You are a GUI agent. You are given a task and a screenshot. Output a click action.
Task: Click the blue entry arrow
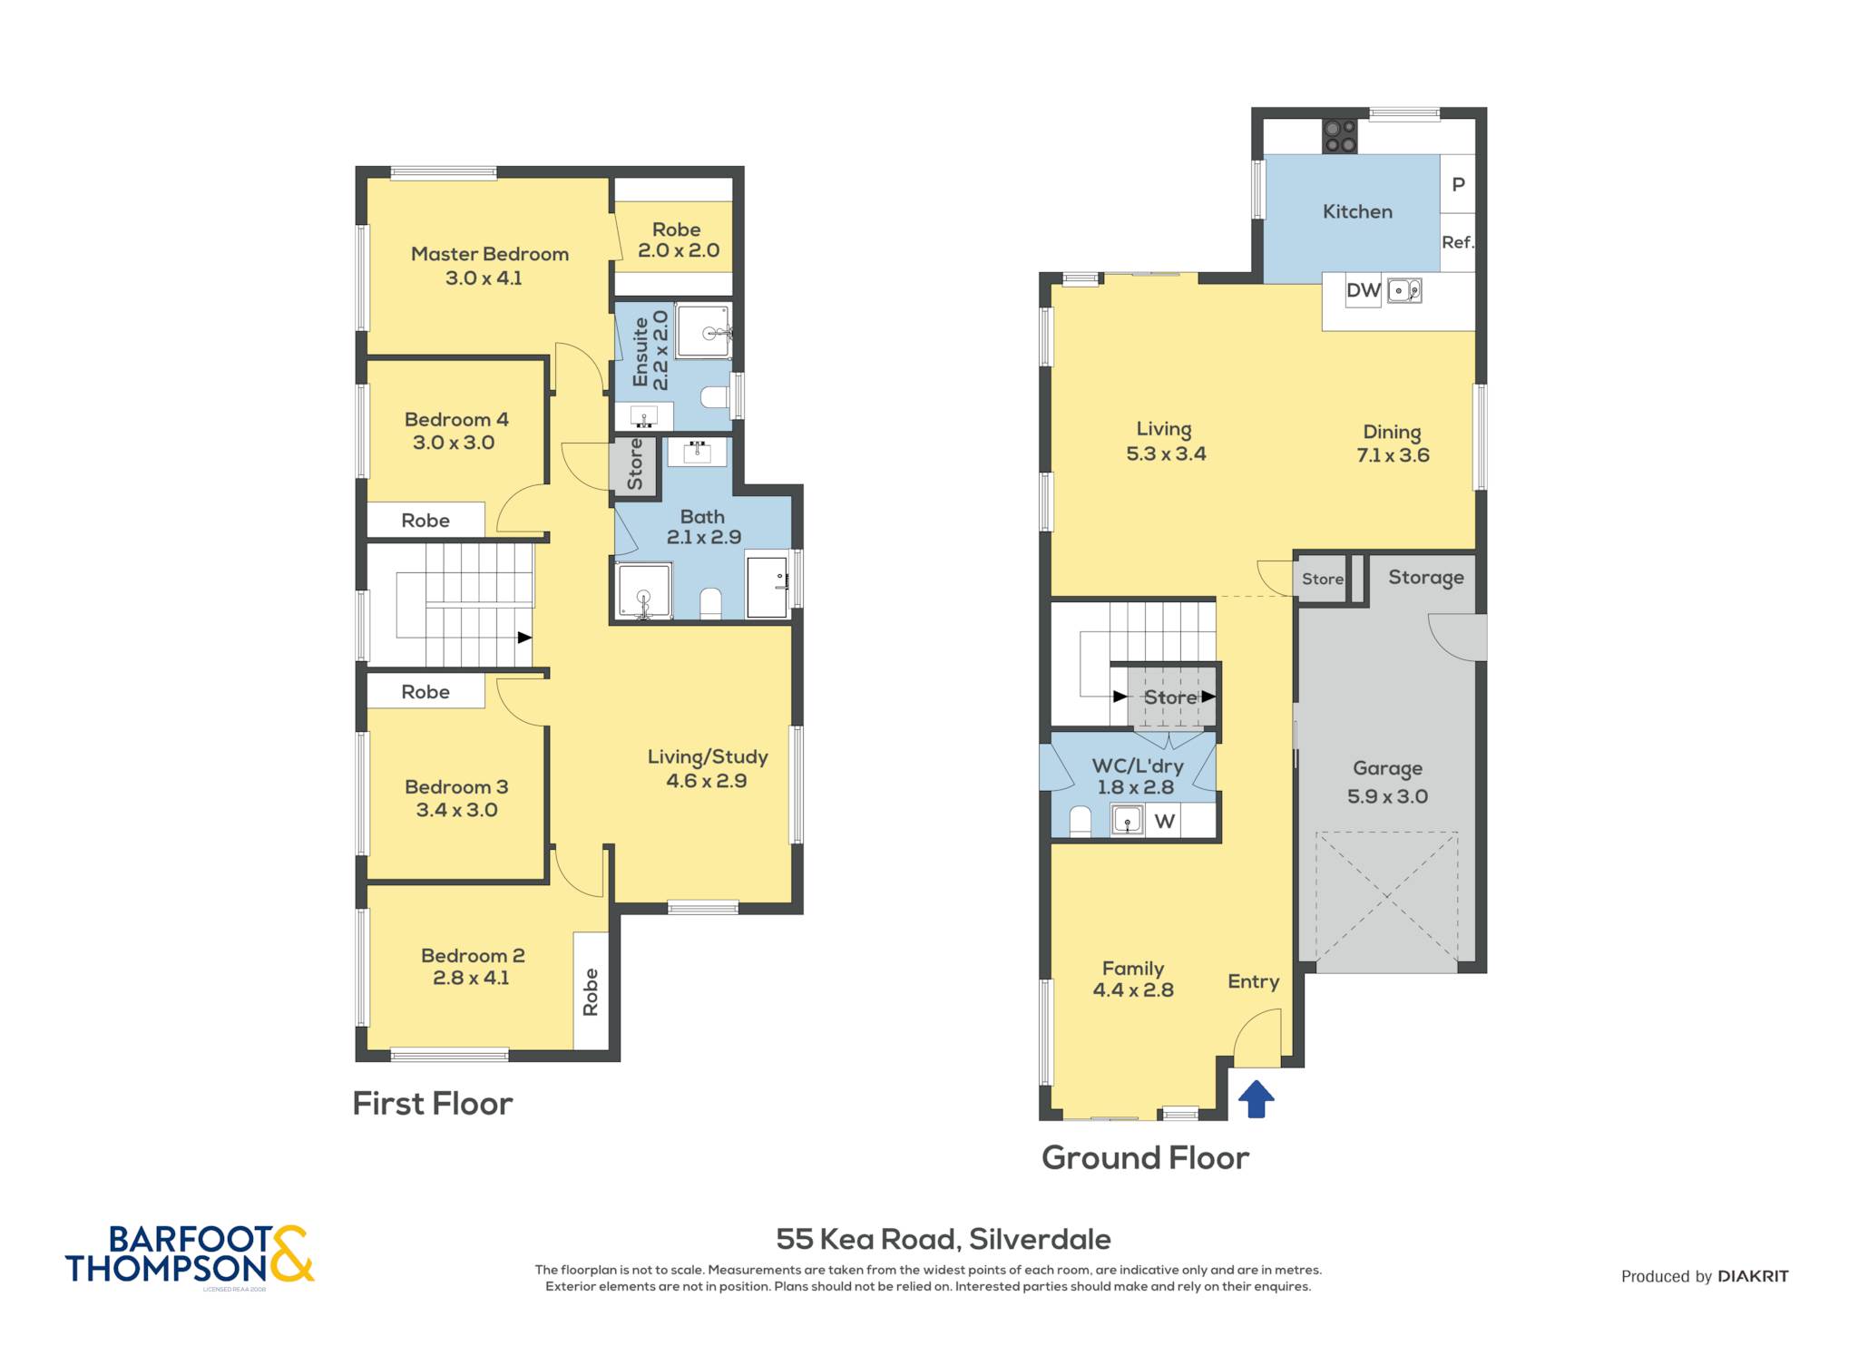pos(1256,1099)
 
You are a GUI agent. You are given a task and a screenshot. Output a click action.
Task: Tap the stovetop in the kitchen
pos(1340,136)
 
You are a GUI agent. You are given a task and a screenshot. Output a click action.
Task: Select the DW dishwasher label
pos(1363,290)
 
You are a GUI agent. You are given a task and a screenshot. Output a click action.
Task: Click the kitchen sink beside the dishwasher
pos(1404,290)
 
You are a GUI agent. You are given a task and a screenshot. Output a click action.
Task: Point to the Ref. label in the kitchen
pos(1458,242)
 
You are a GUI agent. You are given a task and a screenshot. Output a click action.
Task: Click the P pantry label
pos(1458,184)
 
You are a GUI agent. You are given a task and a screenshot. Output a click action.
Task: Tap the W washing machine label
pos(1165,822)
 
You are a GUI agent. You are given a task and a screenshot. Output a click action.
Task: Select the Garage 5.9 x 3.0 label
pos(1387,782)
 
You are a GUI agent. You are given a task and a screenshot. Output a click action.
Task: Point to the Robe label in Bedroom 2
pos(591,991)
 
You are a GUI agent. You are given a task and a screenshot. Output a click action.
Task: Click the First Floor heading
pos(433,1104)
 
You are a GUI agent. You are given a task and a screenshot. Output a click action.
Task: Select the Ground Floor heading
pos(1145,1158)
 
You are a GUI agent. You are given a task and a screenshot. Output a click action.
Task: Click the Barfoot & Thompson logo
pos(190,1254)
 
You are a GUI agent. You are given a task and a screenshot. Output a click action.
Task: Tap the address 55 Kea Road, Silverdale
pos(944,1239)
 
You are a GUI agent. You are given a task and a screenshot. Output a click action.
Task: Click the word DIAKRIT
pos(1753,1276)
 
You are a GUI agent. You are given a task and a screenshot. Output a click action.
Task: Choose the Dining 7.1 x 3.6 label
pos(1393,444)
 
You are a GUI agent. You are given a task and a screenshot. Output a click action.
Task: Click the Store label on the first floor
pos(635,464)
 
